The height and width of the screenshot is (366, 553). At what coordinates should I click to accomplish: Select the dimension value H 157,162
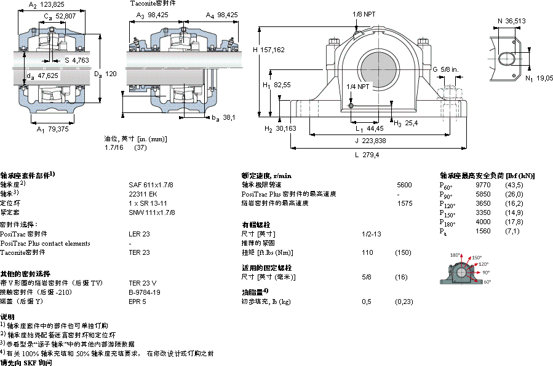pos(269,50)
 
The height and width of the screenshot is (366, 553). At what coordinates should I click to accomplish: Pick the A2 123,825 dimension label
pos(47,5)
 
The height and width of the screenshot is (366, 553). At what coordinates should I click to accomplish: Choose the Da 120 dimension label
pos(105,74)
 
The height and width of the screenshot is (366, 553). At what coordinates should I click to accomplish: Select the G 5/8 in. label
pos(445,69)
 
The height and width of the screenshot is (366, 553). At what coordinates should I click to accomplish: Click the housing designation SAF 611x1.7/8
pos(151,184)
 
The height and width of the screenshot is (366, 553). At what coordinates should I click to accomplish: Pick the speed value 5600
pos(404,184)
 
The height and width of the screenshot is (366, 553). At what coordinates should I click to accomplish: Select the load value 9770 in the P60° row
pos(483,185)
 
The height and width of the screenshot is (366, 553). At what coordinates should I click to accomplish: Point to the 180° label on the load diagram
pos(455,255)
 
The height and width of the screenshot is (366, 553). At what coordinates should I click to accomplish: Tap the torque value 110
pos(368,252)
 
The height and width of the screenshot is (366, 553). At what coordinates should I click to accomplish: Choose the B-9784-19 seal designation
pos(145,292)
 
